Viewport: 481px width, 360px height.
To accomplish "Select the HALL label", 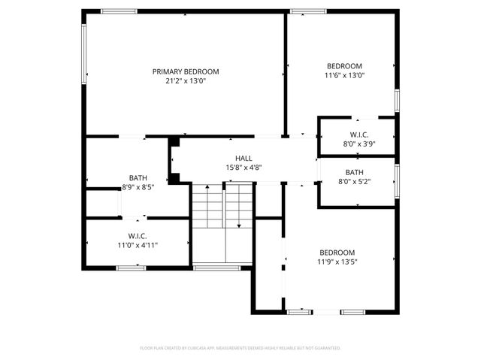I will [x=244, y=158].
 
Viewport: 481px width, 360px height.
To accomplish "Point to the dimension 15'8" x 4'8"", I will [x=244, y=168].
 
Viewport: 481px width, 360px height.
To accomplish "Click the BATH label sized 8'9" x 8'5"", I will [x=138, y=178].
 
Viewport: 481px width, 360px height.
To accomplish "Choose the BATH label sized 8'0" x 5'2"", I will [x=355, y=172].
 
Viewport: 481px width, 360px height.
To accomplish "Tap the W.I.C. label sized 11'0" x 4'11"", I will [x=137, y=235].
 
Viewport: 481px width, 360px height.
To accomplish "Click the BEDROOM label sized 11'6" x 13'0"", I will [x=343, y=66].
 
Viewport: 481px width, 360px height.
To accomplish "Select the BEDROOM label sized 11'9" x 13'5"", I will [x=337, y=253].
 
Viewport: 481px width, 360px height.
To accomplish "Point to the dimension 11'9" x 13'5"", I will [x=337, y=262].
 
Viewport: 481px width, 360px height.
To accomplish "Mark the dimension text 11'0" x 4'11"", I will [x=137, y=244].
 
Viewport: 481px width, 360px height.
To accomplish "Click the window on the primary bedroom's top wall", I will [x=119, y=11].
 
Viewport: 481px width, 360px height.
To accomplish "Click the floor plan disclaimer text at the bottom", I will [x=240, y=348].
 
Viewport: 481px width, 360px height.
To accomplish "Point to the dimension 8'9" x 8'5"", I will [x=138, y=188].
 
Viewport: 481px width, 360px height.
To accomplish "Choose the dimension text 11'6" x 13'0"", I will [x=343, y=75].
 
